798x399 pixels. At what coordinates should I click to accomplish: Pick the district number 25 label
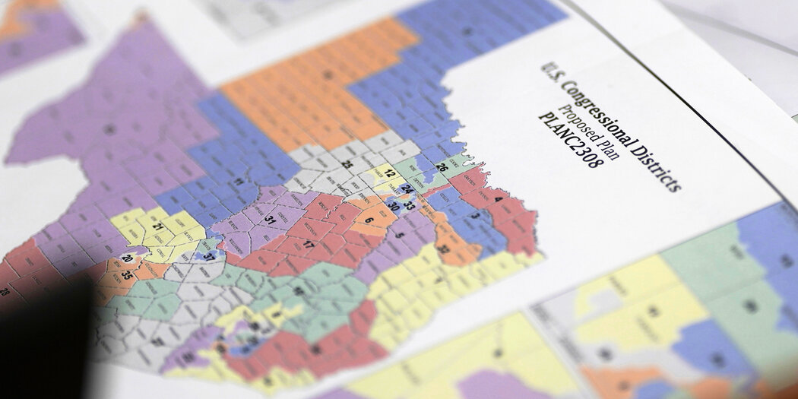pos(346,163)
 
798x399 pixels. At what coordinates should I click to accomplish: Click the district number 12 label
pos(389,174)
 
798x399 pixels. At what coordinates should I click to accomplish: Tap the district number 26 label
pos(441,167)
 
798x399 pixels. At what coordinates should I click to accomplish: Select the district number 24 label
pos(407,188)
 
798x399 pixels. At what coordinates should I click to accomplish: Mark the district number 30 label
pos(393,206)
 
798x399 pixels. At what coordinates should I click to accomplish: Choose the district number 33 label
pos(409,204)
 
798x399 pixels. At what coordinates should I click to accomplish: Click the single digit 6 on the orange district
pos(369,220)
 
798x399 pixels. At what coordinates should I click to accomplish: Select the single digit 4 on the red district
pos(498,200)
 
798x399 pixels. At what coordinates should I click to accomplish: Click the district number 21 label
pos(159,227)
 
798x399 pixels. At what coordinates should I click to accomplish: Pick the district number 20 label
pos(126,259)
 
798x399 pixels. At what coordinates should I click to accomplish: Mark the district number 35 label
pos(126,275)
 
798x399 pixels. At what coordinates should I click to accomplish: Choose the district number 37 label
pos(208,256)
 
